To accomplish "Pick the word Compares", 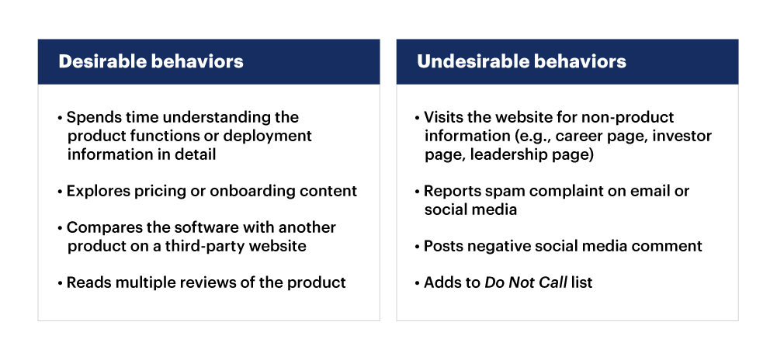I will click(x=100, y=228).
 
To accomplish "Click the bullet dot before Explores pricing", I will click(x=61, y=192).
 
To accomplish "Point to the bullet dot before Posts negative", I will click(x=418, y=247).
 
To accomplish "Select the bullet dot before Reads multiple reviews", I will click(x=61, y=283).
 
